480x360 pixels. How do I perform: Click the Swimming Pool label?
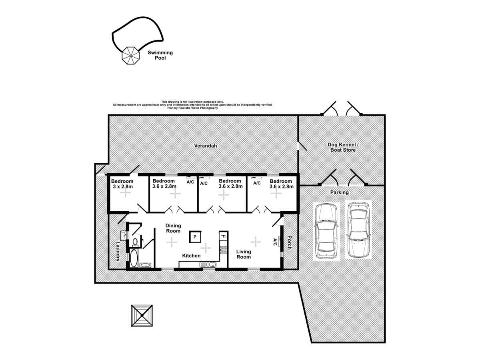(x=160, y=55)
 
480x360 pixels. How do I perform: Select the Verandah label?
(x=205, y=146)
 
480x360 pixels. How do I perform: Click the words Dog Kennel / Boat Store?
(x=342, y=147)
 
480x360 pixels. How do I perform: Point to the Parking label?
(x=339, y=192)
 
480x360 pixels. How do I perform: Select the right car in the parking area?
(x=358, y=230)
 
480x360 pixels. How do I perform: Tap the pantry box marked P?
(x=195, y=237)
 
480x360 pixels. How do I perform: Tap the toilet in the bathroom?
(x=135, y=242)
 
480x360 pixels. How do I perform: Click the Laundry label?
(x=118, y=251)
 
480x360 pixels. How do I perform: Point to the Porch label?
(x=289, y=242)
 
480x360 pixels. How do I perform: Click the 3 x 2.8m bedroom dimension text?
(x=122, y=186)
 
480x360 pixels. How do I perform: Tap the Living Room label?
(x=243, y=254)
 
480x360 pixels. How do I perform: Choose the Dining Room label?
(x=173, y=228)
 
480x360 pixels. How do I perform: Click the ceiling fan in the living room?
(x=255, y=241)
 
